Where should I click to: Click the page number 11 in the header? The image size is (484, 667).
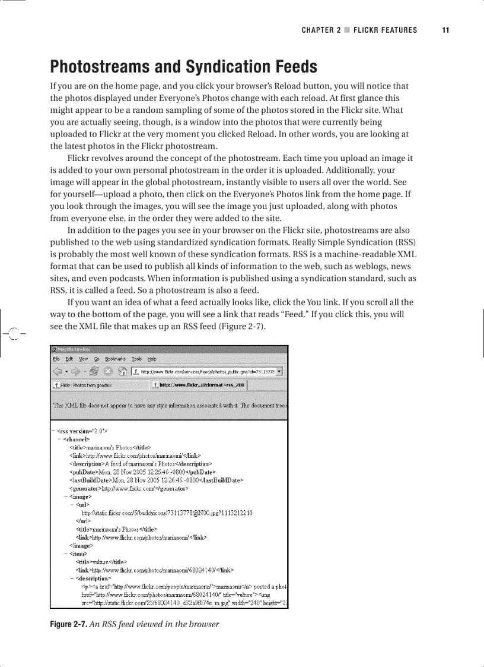(445, 30)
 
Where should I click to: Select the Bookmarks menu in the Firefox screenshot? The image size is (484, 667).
(114, 359)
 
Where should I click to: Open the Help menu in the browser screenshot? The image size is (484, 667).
(152, 359)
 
